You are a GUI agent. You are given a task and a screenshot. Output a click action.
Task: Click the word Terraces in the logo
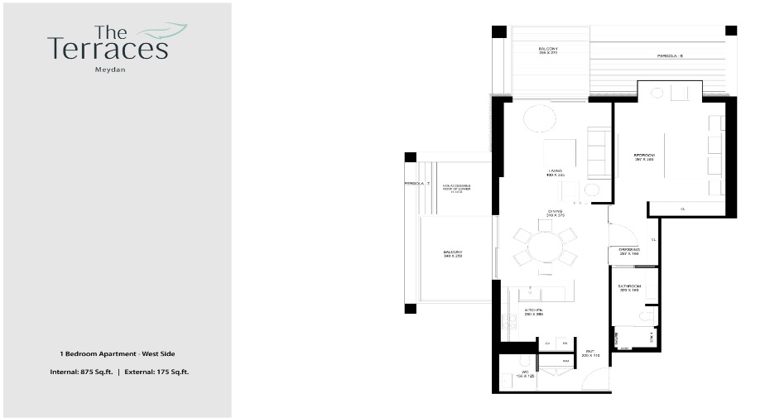pos(108,50)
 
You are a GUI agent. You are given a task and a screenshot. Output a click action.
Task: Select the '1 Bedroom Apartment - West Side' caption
pos(117,354)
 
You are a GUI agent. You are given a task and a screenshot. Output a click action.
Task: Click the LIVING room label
pos(555,172)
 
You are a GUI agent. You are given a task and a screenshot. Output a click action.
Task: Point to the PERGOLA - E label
pos(669,56)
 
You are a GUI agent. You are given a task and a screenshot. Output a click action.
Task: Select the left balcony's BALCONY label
pos(452,253)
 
